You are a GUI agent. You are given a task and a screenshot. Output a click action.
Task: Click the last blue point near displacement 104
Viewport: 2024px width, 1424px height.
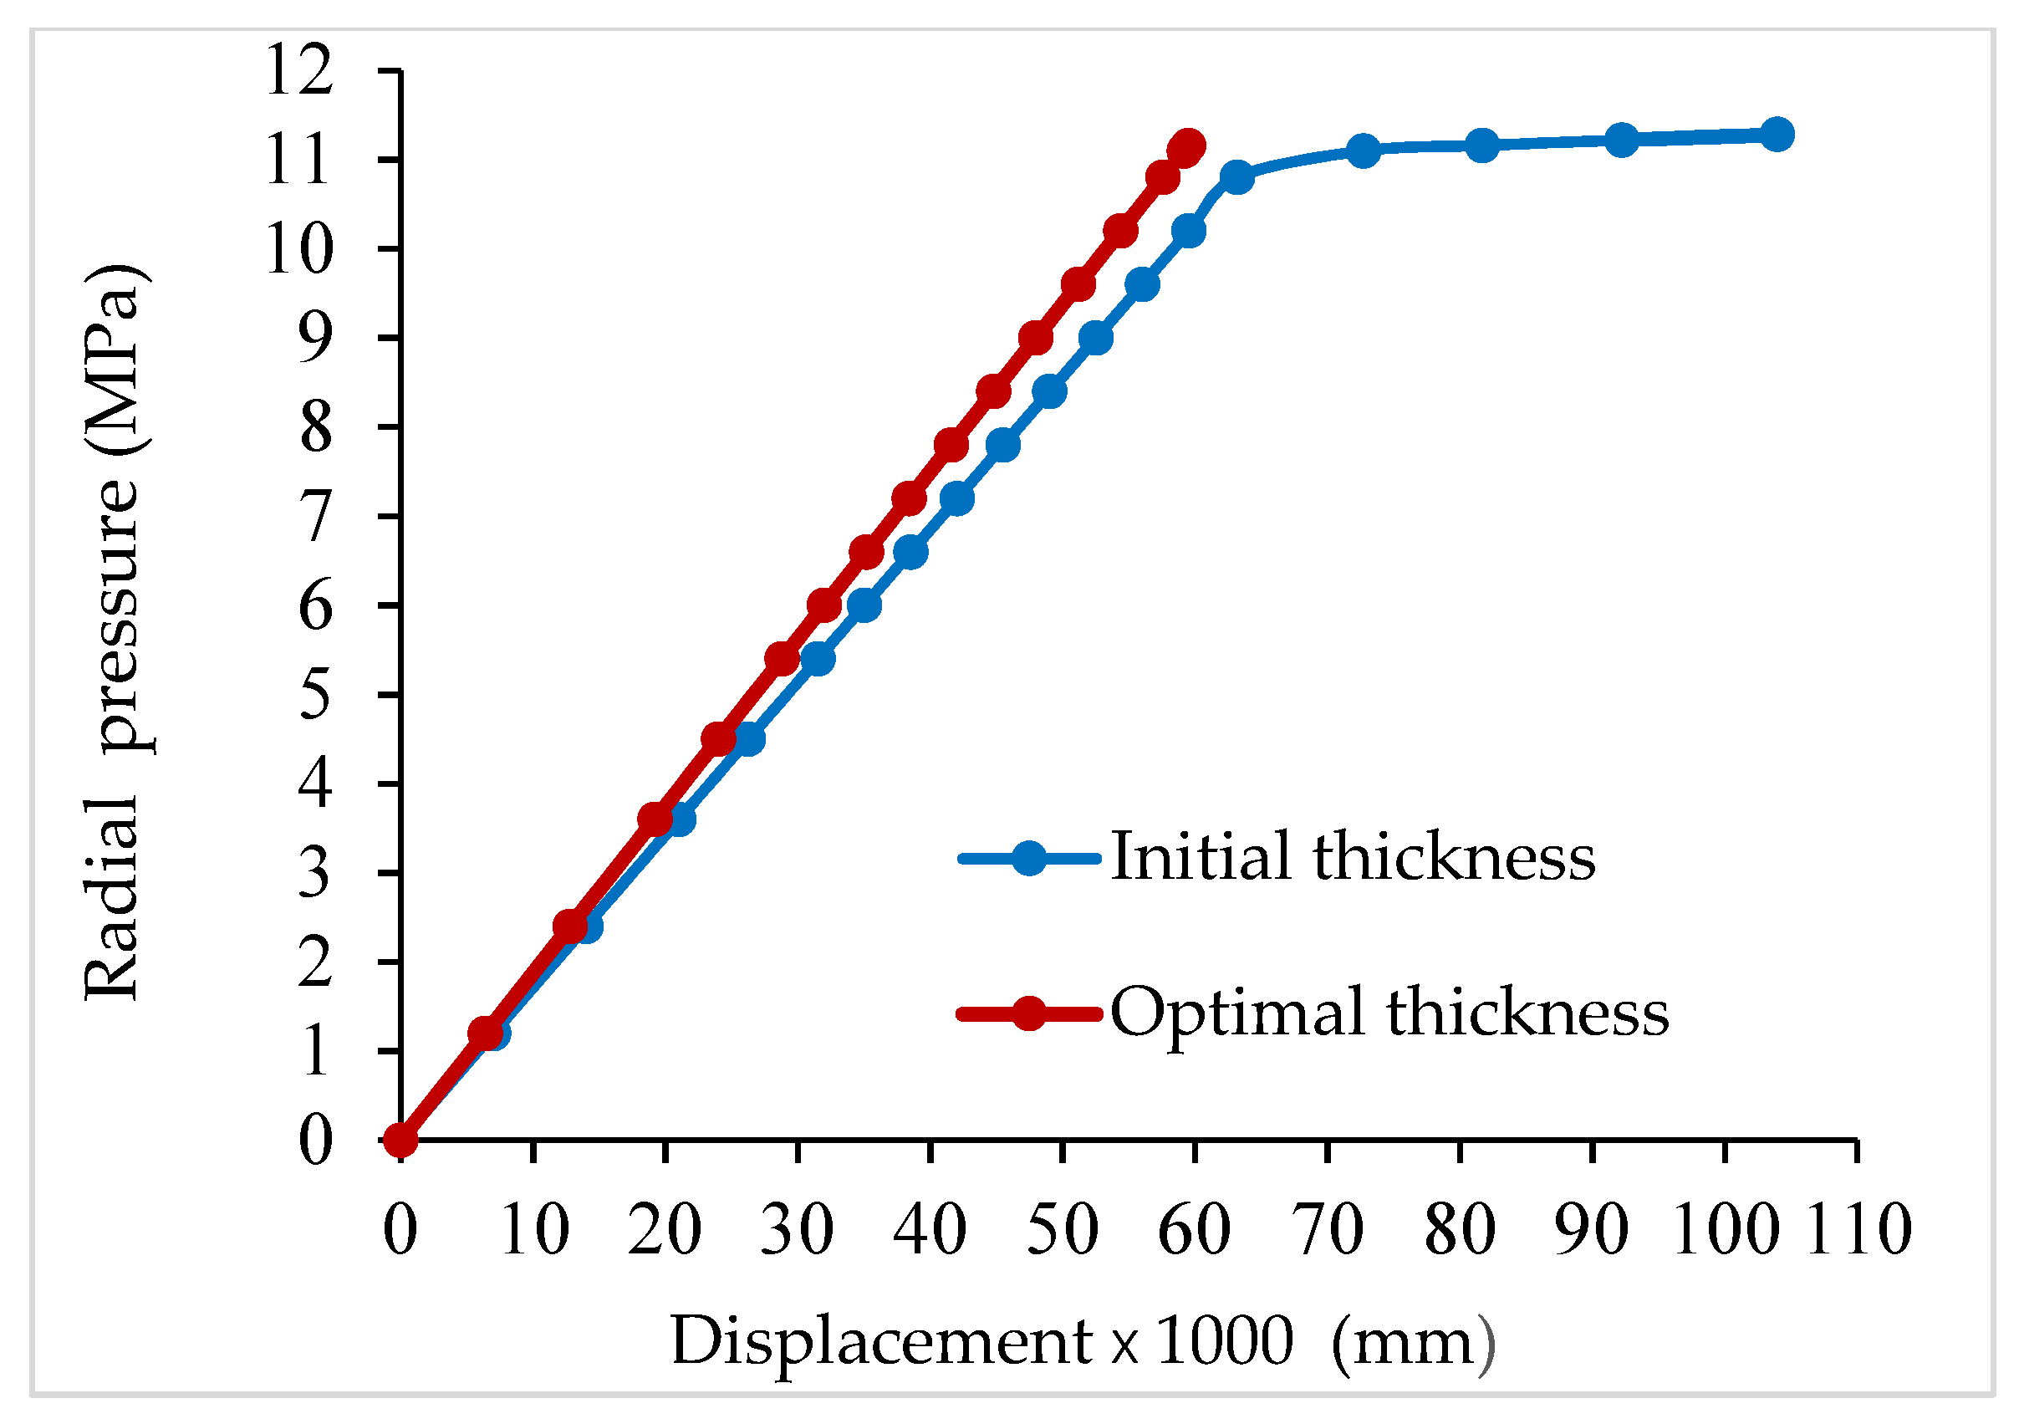click(x=1777, y=134)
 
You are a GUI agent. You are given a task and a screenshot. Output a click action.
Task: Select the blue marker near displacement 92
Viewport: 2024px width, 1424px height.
click(x=1621, y=140)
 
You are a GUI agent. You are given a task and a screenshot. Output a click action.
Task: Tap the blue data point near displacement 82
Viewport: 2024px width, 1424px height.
click(x=1483, y=145)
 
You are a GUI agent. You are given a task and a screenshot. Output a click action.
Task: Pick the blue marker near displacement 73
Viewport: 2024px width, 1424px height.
click(x=1364, y=151)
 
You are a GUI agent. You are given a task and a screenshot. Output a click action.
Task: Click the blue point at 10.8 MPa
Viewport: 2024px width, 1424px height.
click(x=1236, y=177)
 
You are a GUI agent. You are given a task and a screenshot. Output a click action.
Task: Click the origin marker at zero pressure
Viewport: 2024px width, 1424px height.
click(x=401, y=1140)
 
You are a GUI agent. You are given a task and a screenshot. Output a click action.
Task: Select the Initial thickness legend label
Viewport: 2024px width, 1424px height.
click(x=1353, y=856)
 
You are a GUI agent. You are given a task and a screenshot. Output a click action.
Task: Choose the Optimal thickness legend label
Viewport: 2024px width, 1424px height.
click(x=1389, y=1013)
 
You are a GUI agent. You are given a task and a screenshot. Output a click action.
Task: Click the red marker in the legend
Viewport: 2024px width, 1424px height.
click(x=1029, y=1013)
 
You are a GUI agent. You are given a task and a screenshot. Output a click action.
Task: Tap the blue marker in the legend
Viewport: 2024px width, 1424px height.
click(x=1029, y=857)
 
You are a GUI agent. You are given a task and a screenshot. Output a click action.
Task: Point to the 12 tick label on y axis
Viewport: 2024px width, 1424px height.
click(x=300, y=70)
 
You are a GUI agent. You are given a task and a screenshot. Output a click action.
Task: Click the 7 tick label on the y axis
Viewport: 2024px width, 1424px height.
click(x=315, y=517)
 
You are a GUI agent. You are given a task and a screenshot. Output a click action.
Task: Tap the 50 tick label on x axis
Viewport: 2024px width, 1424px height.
click(x=1063, y=1229)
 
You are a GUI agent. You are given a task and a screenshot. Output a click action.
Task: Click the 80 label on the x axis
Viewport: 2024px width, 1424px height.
click(x=1460, y=1229)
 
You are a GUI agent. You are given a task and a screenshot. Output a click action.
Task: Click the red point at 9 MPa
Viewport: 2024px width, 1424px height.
click(x=1037, y=338)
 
